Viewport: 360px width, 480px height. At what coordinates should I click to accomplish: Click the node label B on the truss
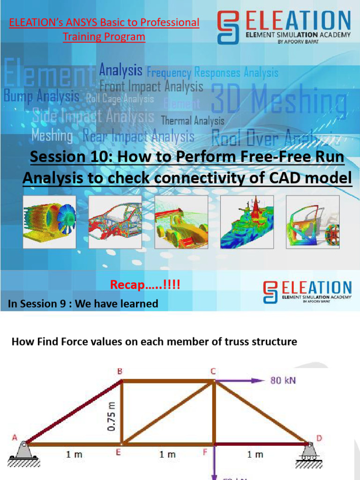pyautogui.click(x=120, y=371)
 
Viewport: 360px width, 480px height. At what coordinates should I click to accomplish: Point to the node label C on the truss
pyautogui.click(x=213, y=371)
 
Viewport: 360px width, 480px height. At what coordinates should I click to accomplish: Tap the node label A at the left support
pyautogui.click(x=15, y=438)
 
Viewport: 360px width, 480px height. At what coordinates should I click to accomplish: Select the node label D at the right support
pyautogui.click(x=319, y=438)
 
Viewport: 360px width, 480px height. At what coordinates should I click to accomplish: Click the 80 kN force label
pyautogui.click(x=283, y=380)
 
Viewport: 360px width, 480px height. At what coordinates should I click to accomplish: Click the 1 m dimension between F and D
pyautogui.click(x=255, y=454)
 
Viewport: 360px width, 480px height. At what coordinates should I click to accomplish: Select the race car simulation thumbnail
pyautogui.click(x=182, y=222)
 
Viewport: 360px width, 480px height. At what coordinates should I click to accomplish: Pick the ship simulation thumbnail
pyautogui.click(x=248, y=222)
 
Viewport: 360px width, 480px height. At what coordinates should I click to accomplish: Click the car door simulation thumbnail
pyautogui.click(x=313, y=222)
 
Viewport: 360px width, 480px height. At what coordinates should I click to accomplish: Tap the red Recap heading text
pyautogui.click(x=145, y=285)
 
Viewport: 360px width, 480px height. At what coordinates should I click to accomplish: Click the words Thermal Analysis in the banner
pyautogui.click(x=193, y=120)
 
